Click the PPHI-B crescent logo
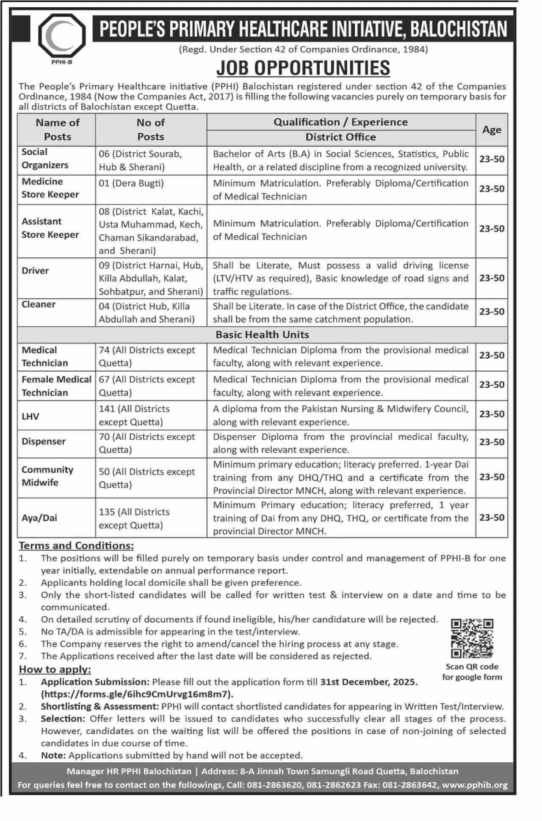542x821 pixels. [x=62, y=36]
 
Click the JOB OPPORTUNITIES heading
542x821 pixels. [x=303, y=68]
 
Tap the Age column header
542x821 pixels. [x=491, y=130]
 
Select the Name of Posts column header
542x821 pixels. [x=57, y=129]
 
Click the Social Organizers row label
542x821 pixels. [x=44, y=159]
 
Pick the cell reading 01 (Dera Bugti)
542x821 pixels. [x=131, y=183]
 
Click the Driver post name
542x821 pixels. [x=35, y=270]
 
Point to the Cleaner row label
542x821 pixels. [x=39, y=304]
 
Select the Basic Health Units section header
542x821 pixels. [x=262, y=335]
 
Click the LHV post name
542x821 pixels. [x=30, y=416]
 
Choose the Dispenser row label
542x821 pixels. [x=44, y=441]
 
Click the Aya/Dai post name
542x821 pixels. [x=39, y=518]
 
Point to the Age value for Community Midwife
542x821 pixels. [x=492, y=477]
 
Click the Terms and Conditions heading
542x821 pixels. [x=76, y=545]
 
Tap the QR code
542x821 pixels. [x=472, y=639]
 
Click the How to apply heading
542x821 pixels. [x=55, y=669]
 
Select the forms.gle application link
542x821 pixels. [x=137, y=694]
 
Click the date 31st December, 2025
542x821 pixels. [x=369, y=682]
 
